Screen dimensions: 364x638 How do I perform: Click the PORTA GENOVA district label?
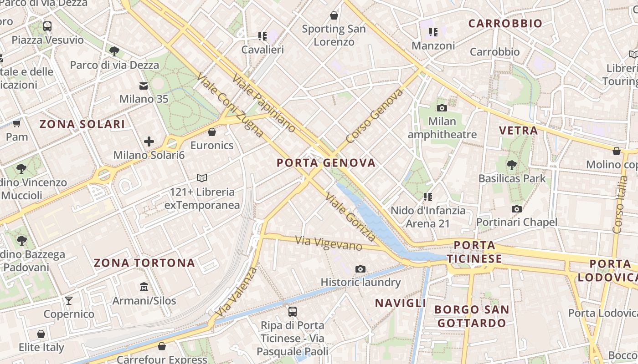326,163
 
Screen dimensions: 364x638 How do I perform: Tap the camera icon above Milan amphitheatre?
442,108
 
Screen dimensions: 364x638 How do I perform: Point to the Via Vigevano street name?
328,243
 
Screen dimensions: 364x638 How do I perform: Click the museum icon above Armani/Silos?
144,287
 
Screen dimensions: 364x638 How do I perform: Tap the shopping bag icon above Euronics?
211,132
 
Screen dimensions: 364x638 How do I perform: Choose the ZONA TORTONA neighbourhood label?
144,263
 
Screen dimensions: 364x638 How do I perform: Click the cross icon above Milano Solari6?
149,142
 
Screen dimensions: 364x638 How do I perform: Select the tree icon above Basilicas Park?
512,165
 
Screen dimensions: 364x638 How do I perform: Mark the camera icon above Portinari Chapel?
516,209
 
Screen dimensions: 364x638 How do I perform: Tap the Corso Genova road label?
375,116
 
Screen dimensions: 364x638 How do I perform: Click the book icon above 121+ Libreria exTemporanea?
202,178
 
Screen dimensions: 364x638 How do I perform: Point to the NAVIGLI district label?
401,303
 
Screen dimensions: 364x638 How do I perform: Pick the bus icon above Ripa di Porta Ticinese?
292,312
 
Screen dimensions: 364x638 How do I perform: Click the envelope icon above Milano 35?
144,86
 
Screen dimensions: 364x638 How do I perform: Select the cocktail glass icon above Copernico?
69,300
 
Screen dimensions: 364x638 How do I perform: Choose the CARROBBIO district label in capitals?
505,24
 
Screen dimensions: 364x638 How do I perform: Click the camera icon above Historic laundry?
360,269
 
